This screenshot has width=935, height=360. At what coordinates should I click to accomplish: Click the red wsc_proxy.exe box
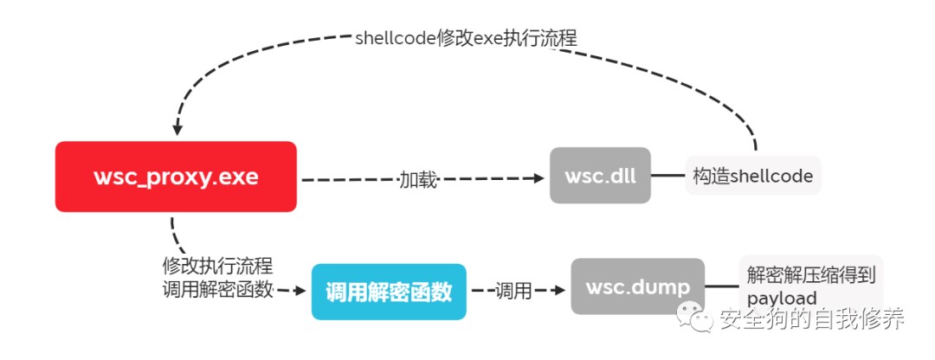pyautogui.click(x=176, y=177)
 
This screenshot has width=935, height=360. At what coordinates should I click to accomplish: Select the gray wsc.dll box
pyautogui.click(x=599, y=176)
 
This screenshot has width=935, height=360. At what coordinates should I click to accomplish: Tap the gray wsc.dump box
pyautogui.click(x=637, y=286)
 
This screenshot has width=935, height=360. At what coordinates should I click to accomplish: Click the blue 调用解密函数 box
pyautogui.click(x=388, y=292)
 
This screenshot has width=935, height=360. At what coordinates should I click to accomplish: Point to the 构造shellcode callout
pyautogui.click(x=752, y=176)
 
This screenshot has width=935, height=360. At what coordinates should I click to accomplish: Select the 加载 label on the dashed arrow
pyautogui.click(x=417, y=179)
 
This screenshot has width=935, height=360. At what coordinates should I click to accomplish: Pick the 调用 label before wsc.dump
pyautogui.click(x=513, y=291)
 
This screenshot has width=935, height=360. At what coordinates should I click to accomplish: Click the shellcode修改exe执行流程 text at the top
pyautogui.click(x=466, y=38)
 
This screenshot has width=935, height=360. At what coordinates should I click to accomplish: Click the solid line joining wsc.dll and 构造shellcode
pyautogui.click(x=667, y=176)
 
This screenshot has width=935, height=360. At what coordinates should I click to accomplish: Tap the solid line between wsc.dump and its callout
pyautogui.click(x=722, y=286)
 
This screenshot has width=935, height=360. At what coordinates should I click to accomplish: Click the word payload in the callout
pyautogui.click(x=782, y=299)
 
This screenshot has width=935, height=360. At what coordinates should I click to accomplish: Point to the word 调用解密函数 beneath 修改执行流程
pyautogui.click(x=217, y=290)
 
